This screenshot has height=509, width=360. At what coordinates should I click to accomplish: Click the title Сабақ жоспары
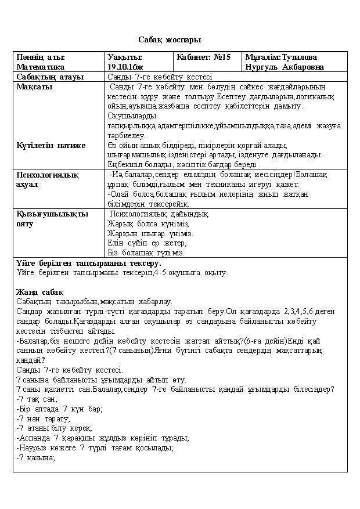point(170,40)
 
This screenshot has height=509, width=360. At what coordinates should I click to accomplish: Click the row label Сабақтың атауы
point(50,77)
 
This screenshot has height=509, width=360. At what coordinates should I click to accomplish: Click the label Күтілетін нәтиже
point(51,146)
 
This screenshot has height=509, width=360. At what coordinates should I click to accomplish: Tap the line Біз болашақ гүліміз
point(146,253)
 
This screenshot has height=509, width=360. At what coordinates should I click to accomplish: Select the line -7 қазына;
point(35,458)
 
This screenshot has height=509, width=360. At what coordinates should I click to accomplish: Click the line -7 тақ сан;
point(37,399)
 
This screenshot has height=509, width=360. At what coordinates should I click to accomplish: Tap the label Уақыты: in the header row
point(125,57)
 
